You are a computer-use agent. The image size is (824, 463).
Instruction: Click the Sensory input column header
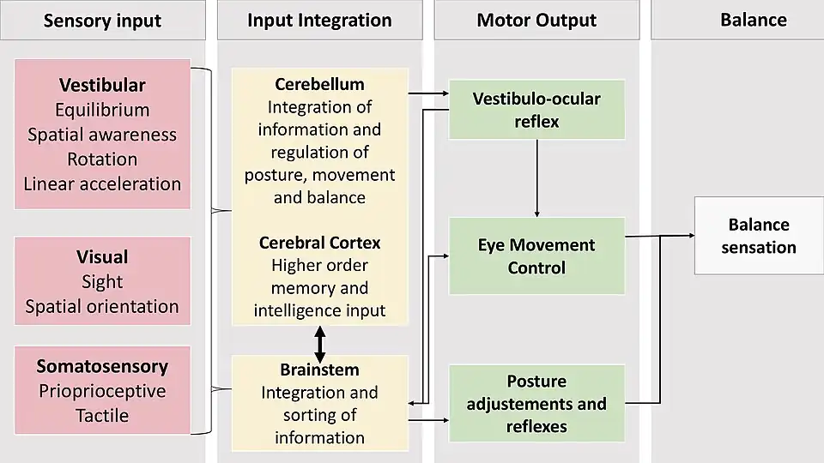[x=102, y=21]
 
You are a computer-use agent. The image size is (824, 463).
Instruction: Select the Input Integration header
[x=319, y=21]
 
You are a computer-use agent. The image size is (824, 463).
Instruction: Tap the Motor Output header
[x=536, y=21]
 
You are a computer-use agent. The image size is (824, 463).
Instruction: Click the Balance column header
[x=753, y=21]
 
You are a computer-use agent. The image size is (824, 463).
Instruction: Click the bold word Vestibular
[x=102, y=85]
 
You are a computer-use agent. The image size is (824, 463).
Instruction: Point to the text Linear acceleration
[x=102, y=183]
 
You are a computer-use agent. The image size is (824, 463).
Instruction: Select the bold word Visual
[x=102, y=257]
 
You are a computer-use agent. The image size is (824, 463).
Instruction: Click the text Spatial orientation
[x=102, y=306]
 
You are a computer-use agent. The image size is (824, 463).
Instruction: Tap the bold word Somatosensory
[x=102, y=367]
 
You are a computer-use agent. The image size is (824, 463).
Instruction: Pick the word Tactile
[x=102, y=416]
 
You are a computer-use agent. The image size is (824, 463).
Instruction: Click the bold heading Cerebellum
[x=319, y=84]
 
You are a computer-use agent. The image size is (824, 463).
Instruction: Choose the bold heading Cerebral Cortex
[x=319, y=243]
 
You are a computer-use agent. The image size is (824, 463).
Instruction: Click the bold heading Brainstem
[x=319, y=370]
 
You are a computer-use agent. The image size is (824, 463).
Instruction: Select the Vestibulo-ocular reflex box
[x=536, y=110]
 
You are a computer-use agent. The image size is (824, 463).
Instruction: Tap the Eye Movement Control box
[x=536, y=256]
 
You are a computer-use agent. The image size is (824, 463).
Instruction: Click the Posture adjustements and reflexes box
[x=536, y=403]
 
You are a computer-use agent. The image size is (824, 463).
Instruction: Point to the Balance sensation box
[x=758, y=236]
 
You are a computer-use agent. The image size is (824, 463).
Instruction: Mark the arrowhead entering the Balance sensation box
[x=689, y=235]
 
